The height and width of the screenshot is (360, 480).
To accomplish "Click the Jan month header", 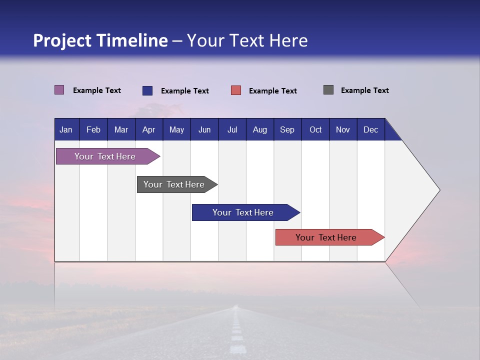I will point(66,129).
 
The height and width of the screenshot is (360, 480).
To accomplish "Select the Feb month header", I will point(93,129).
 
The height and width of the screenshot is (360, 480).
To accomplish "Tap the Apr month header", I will point(148,129).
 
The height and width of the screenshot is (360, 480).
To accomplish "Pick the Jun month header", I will point(204,129).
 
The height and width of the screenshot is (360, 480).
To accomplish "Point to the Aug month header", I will point(259,129).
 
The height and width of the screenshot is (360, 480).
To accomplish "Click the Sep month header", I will point(287,129).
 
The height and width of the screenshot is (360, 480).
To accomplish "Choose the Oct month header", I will point(315,129).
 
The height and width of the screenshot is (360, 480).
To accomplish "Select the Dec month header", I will point(370,129).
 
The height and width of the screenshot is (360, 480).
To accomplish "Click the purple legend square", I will point(59,90).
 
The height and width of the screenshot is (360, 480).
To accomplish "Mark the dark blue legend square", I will point(147,90).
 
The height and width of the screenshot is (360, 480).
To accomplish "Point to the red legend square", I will point(236,90).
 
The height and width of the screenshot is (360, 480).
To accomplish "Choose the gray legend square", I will point(328,90).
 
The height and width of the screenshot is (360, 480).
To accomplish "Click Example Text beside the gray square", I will point(364,90).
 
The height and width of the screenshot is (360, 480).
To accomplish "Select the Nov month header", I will point(342,129).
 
